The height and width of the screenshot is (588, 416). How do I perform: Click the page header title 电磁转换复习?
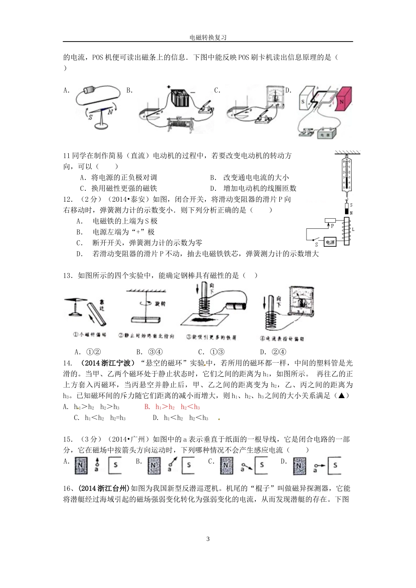208,38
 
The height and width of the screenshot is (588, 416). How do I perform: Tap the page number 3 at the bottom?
208,539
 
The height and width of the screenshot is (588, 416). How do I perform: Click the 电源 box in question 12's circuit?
330,242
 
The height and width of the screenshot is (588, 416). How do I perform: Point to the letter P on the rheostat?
332,226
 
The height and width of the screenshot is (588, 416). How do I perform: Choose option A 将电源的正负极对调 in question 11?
118,177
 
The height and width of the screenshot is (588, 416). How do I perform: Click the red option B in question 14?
172,407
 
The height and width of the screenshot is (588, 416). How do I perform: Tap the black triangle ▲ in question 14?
344,395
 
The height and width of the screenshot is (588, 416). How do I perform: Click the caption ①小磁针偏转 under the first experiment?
90,335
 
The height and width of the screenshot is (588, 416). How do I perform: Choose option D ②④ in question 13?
273,352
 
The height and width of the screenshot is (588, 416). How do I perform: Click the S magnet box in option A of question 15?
115,465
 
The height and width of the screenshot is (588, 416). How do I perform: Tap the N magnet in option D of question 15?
299,465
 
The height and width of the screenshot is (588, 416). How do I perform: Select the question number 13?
67,275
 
